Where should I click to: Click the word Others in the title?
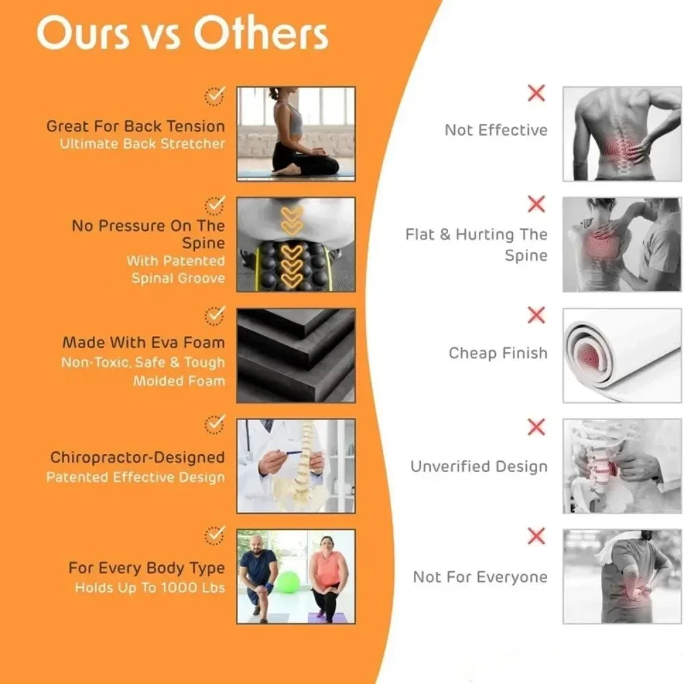[x=261, y=33]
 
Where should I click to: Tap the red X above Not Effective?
[x=536, y=93]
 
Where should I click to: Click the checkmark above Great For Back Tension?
[x=215, y=96]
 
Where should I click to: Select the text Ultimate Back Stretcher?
[x=142, y=144]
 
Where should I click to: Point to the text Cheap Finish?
[x=498, y=353]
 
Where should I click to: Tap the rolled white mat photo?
[x=622, y=356]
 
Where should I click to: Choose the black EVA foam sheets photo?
[x=295, y=356]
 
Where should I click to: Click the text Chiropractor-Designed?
[x=137, y=457]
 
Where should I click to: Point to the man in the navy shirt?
[x=259, y=577]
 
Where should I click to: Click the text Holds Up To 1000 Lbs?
[x=150, y=588]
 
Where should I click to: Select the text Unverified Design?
[x=479, y=466]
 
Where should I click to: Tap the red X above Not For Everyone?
[x=536, y=536]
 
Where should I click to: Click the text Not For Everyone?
[x=480, y=577]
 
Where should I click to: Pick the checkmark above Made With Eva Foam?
[x=215, y=316]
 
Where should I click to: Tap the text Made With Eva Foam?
[x=144, y=343]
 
